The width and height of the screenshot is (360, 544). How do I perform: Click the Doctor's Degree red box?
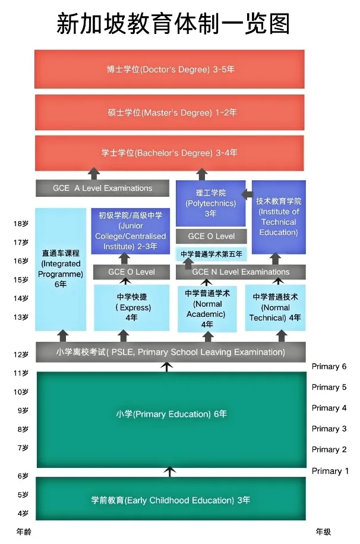(169, 69)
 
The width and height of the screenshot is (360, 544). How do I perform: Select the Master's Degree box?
(169, 112)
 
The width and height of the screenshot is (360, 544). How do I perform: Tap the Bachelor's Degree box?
(169, 153)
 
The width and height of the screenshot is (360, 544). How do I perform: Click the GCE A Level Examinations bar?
(102, 188)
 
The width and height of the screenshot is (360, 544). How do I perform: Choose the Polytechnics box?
(210, 203)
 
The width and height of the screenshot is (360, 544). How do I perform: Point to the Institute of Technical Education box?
(279, 217)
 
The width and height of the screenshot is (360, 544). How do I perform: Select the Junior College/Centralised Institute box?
(131, 231)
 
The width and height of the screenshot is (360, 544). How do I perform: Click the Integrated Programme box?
(61, 269)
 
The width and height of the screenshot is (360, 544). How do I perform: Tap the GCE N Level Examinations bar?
(241, 272)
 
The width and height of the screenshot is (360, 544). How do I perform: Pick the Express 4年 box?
(131, 307)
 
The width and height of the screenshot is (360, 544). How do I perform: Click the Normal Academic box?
(207, 309)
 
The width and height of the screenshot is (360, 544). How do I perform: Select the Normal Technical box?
(276, 307)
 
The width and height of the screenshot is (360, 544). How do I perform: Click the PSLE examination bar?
(170, 352)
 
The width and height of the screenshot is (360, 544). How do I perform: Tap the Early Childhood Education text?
(170, 500)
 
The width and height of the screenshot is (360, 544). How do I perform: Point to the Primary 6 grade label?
(329, 366)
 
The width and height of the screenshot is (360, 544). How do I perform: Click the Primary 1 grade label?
(330, 471)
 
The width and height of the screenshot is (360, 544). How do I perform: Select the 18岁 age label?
(21, 224)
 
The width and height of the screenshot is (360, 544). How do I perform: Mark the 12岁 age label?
(21, 354)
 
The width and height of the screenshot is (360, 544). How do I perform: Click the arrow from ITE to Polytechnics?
(247, 194)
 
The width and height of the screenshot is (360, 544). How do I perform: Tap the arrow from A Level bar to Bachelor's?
(94, 174)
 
